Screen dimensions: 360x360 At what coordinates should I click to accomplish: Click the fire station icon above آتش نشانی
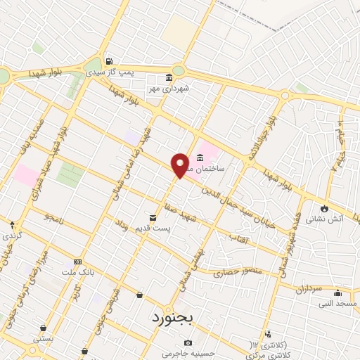pos(324,207)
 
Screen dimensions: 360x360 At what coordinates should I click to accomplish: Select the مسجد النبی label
pos(337,303)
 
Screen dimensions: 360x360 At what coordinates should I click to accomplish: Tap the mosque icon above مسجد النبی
pos(337,292)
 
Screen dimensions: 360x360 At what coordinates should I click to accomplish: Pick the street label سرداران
pos(307,288)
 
